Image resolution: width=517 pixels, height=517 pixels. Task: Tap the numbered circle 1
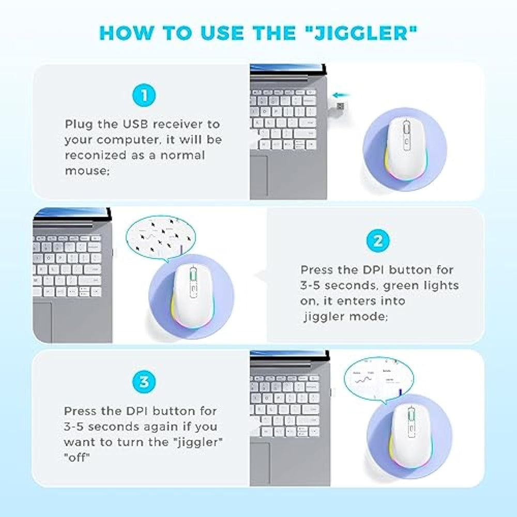pyautogui.click(x=144, y=96)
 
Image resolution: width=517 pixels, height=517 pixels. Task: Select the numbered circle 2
pyautogui.click(x=378, y=241)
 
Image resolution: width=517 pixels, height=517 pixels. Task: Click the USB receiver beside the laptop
pyautogui.click(x=340, y=107)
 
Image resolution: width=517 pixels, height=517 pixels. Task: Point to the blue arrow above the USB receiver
pyautogui.click(x=341, y=95)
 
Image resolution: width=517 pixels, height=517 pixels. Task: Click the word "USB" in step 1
pyautogui.click(x=136, y=124)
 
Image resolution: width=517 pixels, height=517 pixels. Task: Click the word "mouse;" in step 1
pyautogui.click(x=87, y=171)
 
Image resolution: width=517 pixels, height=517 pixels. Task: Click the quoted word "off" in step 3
pyautogui.click(x=77, y=458)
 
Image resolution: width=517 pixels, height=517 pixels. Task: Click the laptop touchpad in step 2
pyautogui.click(x=42, y=322)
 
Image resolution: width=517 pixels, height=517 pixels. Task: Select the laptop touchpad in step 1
pyautogui.click(x=259, y=177)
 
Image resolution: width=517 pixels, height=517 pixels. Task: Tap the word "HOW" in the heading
pyautogui.click(x=127, y=33)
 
